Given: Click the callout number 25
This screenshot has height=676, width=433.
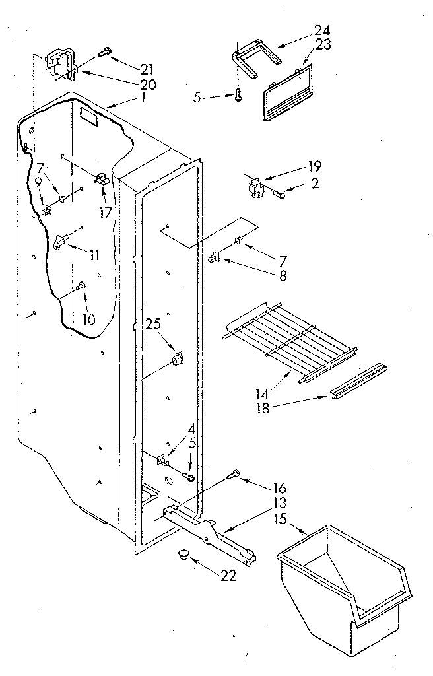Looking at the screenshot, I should [152, 325].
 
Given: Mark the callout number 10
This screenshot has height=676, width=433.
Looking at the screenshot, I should [87, 320].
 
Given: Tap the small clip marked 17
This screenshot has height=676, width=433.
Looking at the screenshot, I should [102, 180].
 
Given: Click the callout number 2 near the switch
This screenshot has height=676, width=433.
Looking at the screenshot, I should [314, 184].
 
